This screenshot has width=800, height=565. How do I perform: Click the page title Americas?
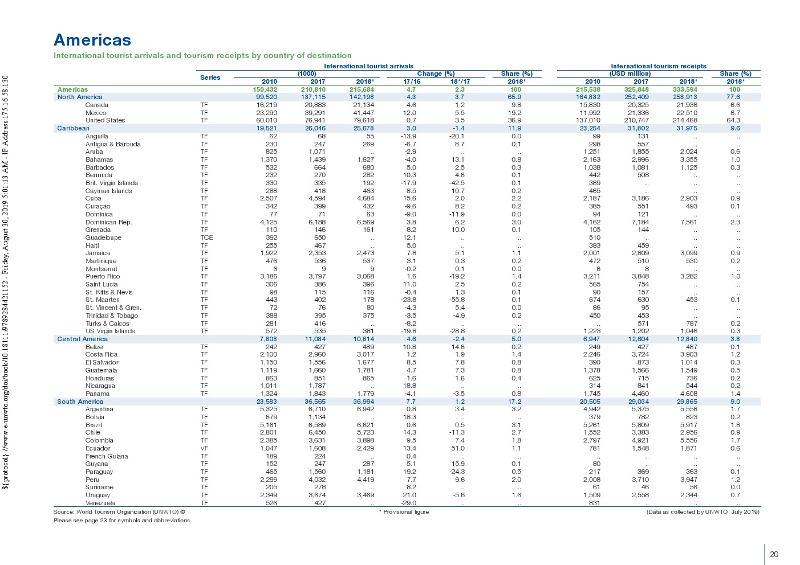(92, 40)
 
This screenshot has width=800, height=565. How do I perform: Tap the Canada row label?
(96, 105)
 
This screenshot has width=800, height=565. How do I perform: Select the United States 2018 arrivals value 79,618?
(363, 120)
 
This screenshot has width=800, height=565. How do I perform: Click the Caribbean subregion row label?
(73, 128)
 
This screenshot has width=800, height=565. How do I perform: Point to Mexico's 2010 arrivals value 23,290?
(266, 113)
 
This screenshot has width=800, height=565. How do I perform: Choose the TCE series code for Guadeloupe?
(206, 238)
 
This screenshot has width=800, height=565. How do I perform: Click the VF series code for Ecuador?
(204, 448)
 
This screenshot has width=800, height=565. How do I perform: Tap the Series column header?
(210, 77)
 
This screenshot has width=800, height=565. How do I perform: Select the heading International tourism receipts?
(658, 66)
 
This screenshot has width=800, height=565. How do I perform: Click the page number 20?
(774, 554)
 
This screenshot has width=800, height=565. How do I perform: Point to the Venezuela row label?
(100, 503)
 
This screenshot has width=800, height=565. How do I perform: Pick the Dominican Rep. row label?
(108, 222)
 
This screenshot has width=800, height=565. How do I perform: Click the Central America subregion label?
(82, 339)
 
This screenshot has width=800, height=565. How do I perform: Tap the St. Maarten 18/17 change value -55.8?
(457, 300)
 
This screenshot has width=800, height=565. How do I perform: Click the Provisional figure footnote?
(404, 511)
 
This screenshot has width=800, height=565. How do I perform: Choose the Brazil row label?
(94, 425)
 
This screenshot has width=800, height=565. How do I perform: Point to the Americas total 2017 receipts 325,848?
(637, 89)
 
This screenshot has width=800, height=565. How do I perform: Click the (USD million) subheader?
(630, 73)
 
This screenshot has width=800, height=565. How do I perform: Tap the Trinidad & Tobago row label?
(112, 316)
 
